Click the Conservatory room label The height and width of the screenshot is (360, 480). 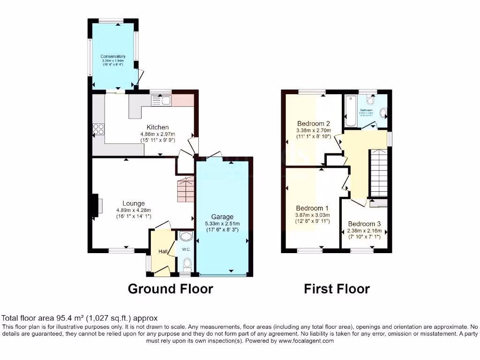[x=113, y=56]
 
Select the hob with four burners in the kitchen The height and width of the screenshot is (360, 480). [x=99, y=129]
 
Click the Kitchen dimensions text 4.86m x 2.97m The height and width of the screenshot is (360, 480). [x=157, y=134]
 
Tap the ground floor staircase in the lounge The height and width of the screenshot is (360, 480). [x=186, y=188]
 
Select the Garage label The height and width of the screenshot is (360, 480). [x=222, y=217]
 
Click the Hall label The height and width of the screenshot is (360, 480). [x=163, y=252]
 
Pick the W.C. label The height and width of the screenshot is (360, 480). [x=186, y=249]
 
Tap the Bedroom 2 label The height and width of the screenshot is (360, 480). [x=314, y=124]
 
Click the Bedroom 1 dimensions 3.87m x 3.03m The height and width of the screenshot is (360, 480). [x=313, y=215]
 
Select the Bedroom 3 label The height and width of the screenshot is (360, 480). [x=364, y=224]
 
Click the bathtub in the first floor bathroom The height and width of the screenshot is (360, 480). [x=350, y=111]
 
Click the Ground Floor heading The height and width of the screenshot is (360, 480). [x=170, y=289]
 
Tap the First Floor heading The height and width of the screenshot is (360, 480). [x=337, y=289]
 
